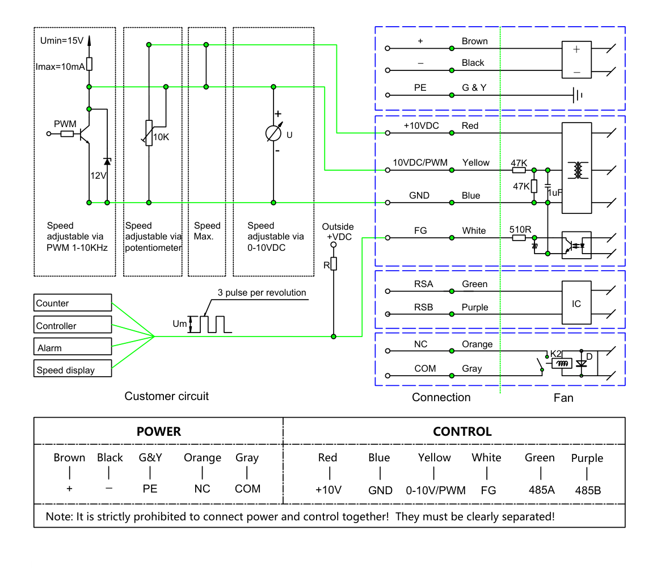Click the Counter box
73,302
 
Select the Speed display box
73,368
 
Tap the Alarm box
73,347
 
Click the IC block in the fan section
576,302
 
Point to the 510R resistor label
520,229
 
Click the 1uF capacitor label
555,193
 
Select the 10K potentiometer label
161,137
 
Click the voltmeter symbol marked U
273,133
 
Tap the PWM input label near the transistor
65,124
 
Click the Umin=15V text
62,41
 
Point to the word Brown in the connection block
475,41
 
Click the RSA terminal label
424,284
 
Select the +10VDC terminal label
421,126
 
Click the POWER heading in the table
159,431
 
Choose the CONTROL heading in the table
462,431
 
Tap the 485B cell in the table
588,490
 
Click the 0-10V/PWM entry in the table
436,490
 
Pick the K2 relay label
555,354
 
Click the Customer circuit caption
166,396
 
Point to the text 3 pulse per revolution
262,293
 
